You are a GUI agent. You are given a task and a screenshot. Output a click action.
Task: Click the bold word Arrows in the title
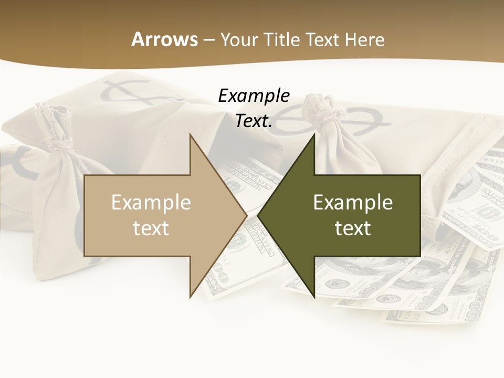click(x=164, y=39)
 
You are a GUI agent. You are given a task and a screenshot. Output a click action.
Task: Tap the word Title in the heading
click(x=280, y=39)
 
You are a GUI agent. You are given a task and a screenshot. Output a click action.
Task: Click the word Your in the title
click(x=239, y=39)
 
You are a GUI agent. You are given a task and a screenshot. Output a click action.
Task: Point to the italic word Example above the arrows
click(x=254, y=96)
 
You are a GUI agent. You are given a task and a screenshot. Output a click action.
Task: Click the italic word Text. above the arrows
click(x=254, y=121)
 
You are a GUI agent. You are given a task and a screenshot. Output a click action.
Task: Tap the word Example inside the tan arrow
click(x=151, y=203)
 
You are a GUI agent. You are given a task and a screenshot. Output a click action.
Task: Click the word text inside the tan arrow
click(x=151, y=228)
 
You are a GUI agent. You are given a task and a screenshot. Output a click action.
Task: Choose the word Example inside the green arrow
click(x=353, y=203)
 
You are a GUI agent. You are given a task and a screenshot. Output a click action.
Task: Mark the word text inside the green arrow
click(x=353, y=228)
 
